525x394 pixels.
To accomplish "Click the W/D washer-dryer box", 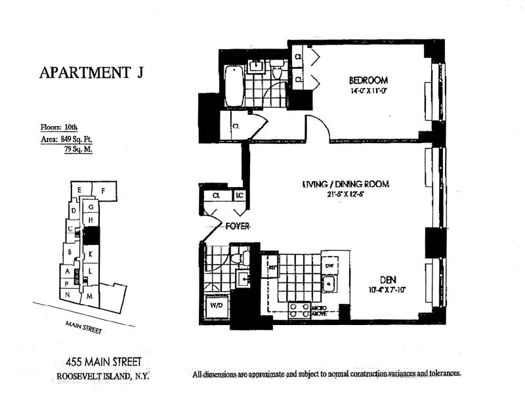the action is point(215,306).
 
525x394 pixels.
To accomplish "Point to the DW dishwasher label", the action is point(329,265).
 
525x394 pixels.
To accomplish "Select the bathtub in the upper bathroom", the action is point(233,86).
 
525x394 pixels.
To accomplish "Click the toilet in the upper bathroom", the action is point(277,70).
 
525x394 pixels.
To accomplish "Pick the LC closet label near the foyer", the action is point(240,196).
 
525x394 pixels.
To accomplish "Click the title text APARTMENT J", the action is point(91,72).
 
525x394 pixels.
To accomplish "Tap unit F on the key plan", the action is point(104,191).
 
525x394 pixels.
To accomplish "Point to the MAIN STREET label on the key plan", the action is point(83,326).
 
